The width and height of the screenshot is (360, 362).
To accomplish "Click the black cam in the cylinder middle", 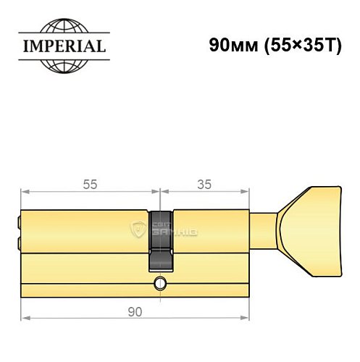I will coord(161,239).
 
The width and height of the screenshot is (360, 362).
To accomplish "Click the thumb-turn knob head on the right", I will coord(317,217).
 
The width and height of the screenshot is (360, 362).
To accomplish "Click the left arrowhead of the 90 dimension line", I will coord(23,318).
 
